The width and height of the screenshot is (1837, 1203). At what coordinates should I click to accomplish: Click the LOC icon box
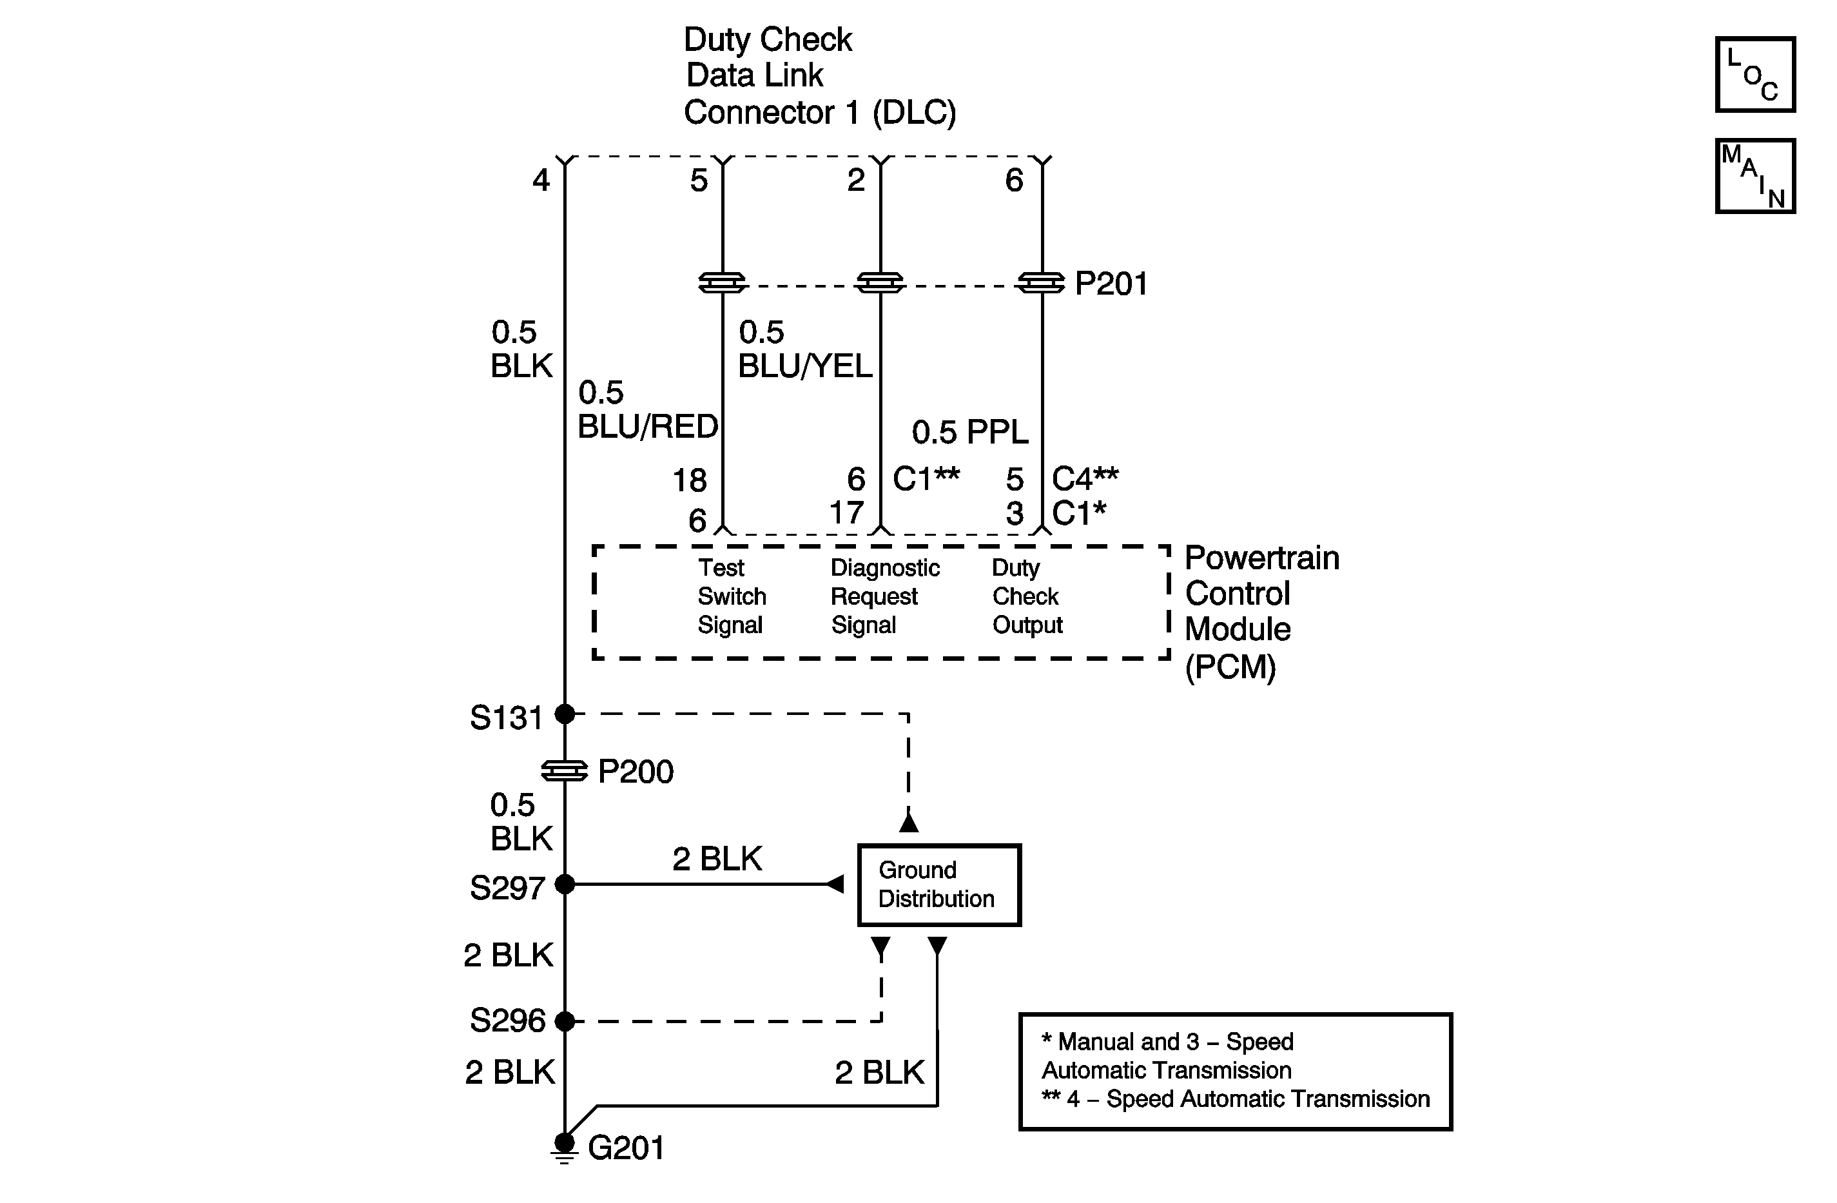pyautogui.click(x=1754, y=75)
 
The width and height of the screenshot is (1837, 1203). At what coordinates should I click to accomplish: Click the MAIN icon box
pyautogui.click(x=1754, y=176)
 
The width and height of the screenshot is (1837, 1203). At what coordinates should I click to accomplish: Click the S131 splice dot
pyautogui.click(x=565, y=714)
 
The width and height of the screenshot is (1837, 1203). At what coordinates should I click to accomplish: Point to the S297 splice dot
pyautogui.click(x=565, y=884)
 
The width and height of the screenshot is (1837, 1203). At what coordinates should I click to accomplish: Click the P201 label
pyautogui.click(x=1111, y=284)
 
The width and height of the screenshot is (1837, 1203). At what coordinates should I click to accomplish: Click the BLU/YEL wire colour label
pyautogui.click(x=804, y=366)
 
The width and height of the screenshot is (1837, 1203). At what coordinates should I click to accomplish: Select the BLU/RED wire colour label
pyautogui.click(x=648, y=426)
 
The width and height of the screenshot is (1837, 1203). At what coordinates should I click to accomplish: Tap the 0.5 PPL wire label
pyautogui.click(x=969, y=433)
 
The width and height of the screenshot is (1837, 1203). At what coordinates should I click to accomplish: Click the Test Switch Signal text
pyautogui.click(x=731, y=596)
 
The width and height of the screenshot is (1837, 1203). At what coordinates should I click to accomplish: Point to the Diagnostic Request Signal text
pyautogui.click(x=884, y=596)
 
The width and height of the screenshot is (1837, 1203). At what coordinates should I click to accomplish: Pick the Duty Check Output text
pyautogui.click(x=1027, y=596)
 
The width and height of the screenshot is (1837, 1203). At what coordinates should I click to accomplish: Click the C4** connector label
pyautogui.click(x=1084, y=479)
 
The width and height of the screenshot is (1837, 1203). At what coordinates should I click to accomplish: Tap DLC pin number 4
pyautogui.click(x=541, y=181)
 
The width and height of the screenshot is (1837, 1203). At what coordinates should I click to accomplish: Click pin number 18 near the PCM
pyautogui.click(x=689, y=481)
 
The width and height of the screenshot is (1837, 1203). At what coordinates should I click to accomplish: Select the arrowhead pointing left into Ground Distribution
pyautogui.click(x=835, y=884)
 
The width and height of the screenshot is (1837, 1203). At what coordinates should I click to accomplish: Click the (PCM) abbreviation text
pyautogui.click(x=1230, y=667)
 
